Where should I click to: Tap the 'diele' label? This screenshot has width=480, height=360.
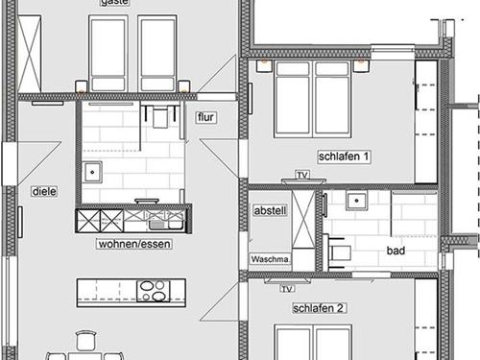coord(44,191)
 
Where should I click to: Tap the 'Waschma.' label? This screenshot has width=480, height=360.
coord(270,259)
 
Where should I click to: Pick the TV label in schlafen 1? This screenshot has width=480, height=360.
coord(302,175)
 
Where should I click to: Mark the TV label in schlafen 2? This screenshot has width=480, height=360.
coord(286,288)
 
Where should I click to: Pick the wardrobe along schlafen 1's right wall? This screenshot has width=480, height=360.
coord(426,120)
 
